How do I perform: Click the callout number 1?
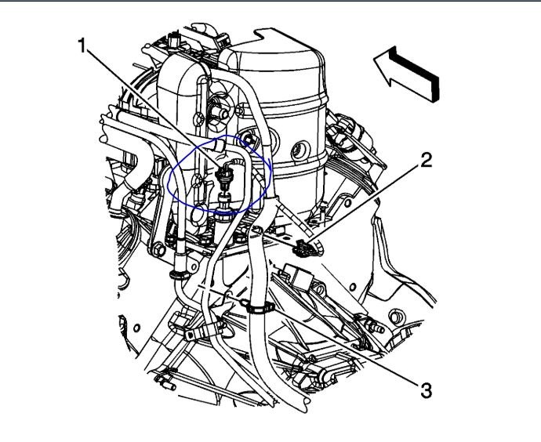click(x=82, y=45)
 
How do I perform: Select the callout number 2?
click(x=426, y=161)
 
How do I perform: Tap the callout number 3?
click(x=426, y=390)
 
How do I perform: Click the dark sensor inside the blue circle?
click(x=223, y=176)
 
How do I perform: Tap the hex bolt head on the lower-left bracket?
click(x=158, y=249)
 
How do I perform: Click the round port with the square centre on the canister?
click(x=249, y=139)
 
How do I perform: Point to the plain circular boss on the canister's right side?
click(x=300, y=150)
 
